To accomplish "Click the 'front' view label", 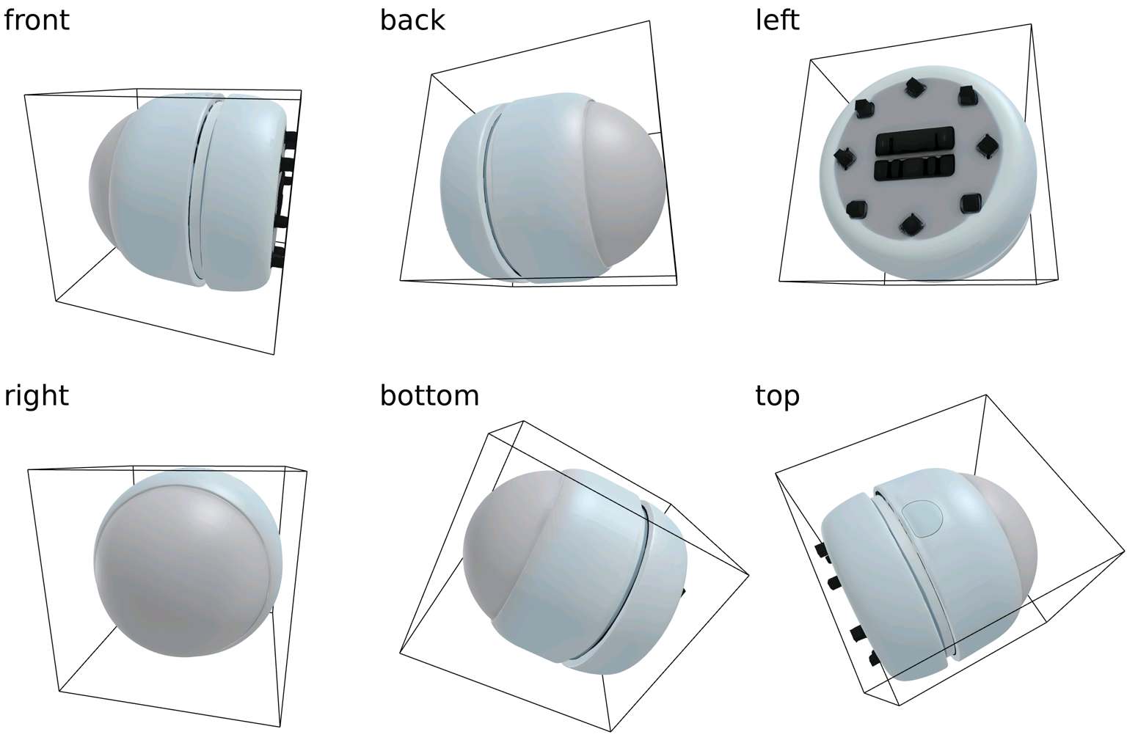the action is point(36,20).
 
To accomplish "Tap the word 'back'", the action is point(412,20).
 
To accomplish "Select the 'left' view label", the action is point(777,20).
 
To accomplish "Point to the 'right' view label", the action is point(36,396).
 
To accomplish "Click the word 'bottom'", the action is point(429,395).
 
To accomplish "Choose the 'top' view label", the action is point(777,397).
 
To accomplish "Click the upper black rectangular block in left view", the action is point(914,141).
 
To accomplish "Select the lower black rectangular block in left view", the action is point(914,168).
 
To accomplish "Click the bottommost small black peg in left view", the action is point(911,225).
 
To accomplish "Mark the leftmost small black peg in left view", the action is point(845,158).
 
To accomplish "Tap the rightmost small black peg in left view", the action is point(987,145).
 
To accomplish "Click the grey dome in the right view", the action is point(183,571).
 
